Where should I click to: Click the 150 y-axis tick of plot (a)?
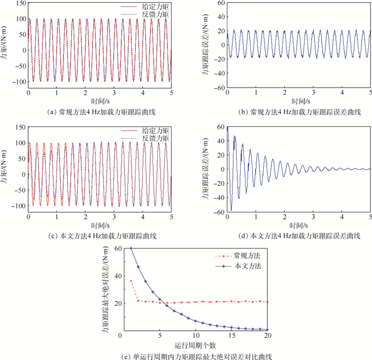[20, 3]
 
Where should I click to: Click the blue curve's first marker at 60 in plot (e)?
[131, 248]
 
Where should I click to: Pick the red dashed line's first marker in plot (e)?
[131, 280]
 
